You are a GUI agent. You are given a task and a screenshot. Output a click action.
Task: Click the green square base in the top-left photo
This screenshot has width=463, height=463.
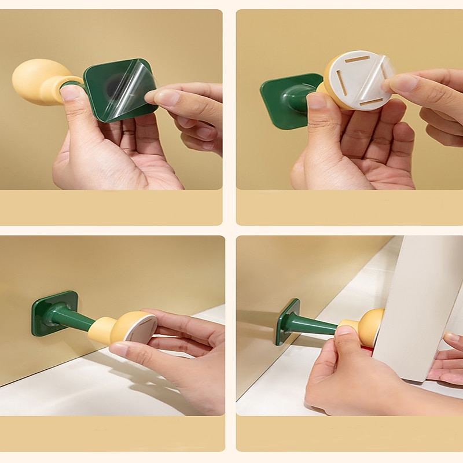pos(98,104)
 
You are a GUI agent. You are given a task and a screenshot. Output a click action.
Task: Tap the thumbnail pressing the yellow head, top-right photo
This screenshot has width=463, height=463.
pos(317,100)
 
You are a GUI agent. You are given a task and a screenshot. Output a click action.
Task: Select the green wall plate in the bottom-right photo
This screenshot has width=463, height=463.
pos(288,321)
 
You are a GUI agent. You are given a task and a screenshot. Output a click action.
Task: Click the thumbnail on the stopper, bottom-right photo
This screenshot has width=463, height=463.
pos(345,331)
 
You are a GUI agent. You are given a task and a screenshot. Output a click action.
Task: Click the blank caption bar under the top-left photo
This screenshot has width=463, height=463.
pos(111,207)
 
